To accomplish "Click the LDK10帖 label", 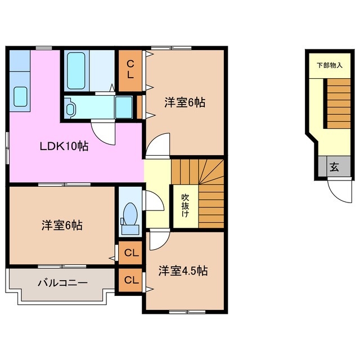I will coord(63,147).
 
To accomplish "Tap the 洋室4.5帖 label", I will coord(183,271).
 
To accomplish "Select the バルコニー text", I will coord(62,282).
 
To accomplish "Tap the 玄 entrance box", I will coord(334,166).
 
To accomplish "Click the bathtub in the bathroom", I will coord(75,70).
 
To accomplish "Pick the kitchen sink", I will coord(20,98).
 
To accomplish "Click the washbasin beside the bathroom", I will coord(72,108).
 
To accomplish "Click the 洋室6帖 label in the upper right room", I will coord(184,102).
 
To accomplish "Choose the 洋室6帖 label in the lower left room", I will coord(62,226).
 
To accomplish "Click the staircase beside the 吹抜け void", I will coord(208,191).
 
